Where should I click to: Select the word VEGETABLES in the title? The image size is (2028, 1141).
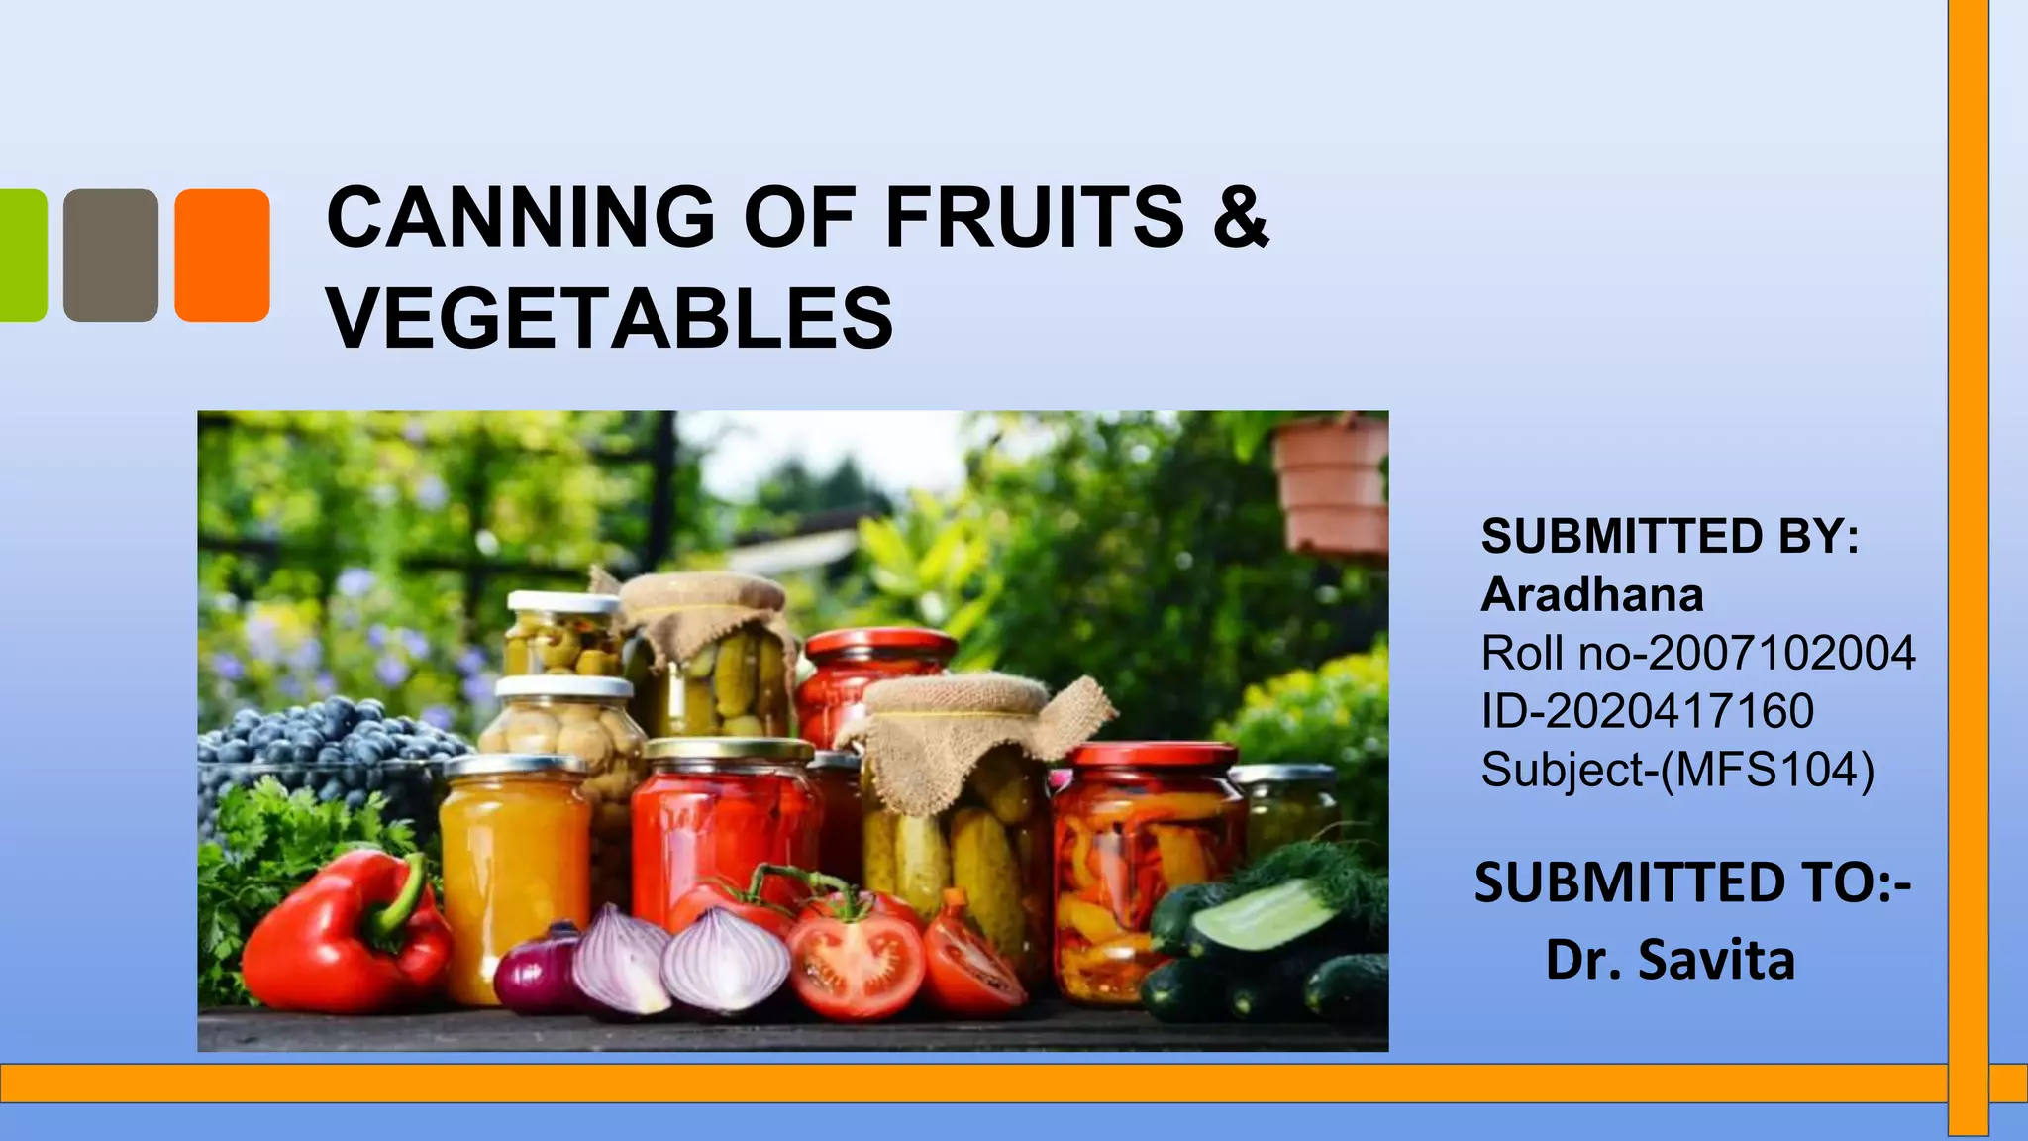pos(610,318)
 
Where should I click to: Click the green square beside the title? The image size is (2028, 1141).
pos(22,256)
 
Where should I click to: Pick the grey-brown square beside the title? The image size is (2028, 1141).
pos(111,256)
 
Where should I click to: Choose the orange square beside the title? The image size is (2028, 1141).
pos(222,256)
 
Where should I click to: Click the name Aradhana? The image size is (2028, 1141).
pos(1592,595)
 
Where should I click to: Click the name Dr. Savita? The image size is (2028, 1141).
pos(1671,960)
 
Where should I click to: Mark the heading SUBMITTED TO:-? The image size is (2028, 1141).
pos(1692,882)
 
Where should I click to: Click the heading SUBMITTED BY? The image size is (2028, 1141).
pos(1671,537)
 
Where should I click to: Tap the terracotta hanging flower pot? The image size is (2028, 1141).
pos(1331,485)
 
